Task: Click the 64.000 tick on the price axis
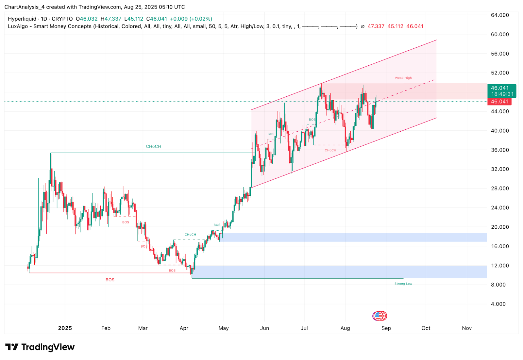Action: click(x=499, y=15)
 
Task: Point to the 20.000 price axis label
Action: click(x=499, y=227)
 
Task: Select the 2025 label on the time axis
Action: click(x=65, y=328)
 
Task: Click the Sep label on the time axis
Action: click(x=386, y=328)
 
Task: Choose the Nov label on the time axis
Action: click(x=466, y=328)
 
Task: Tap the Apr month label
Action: click(x=184, y=328)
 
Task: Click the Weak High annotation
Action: click(x=403, y=78)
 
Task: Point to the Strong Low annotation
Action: click(x=403, y=284)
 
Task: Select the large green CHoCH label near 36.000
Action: click(x=153, y=147)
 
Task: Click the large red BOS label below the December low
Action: click(x=110, y=280)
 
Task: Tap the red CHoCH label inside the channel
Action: click(x=330, y=150)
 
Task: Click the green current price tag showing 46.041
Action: click(x=500, y=88)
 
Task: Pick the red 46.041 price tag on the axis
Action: click(x=499, y=102)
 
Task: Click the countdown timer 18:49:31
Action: click(x=502, y=94)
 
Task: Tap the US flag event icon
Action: click(x=378, y=316)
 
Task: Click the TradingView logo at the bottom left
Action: click(x=40, y=347)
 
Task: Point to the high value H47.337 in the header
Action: click(x=111, y=19)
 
